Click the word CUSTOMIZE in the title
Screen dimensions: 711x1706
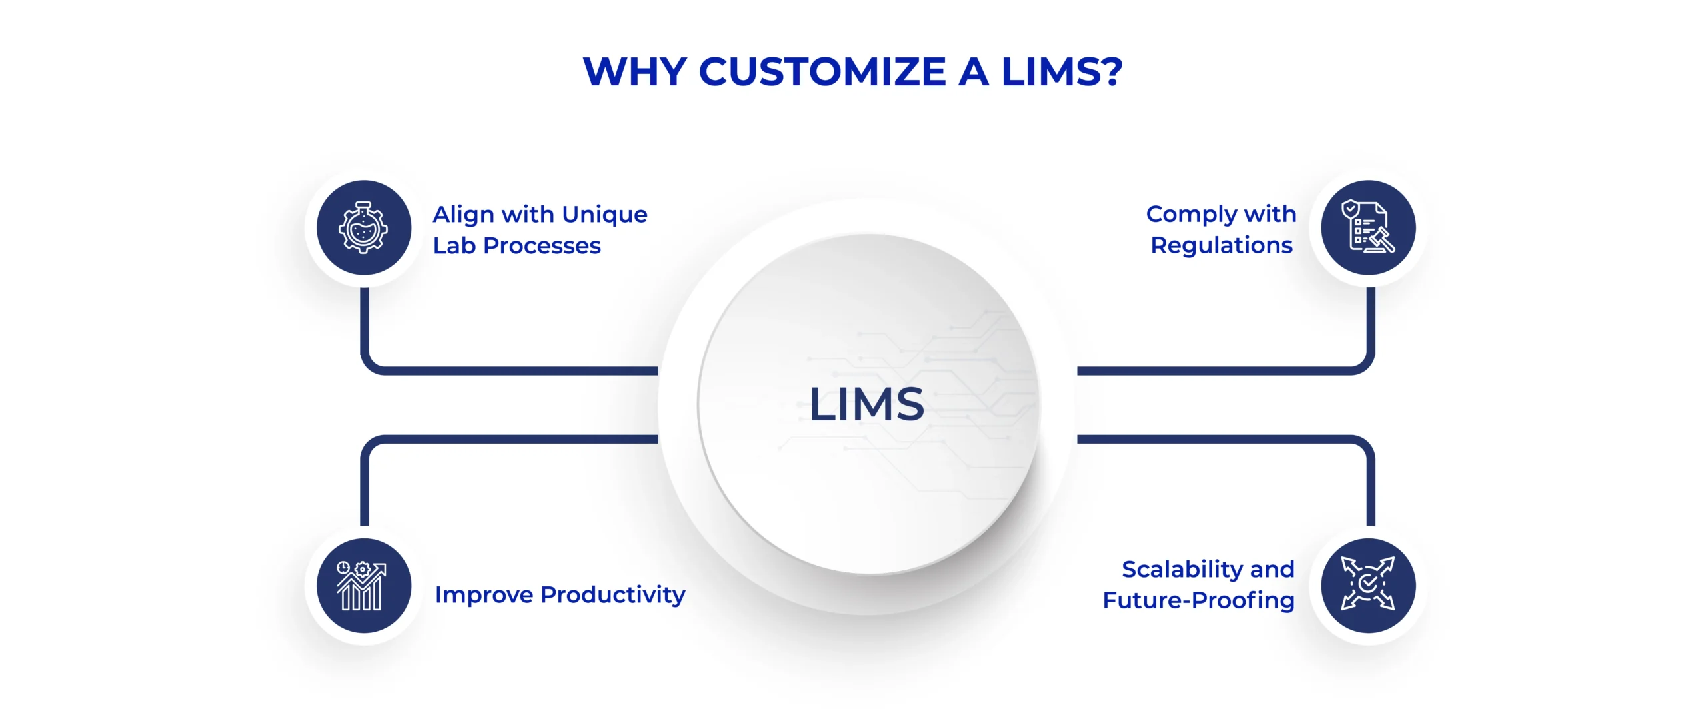tap(822, 72)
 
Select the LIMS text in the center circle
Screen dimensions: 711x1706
tap(866, 404)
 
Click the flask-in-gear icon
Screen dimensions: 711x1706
tap(363, 227)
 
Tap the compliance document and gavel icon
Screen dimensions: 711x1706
tap(1368, 227)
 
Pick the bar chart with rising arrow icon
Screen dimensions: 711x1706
tap(363, 586)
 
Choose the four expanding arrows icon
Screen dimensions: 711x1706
tap(1368, 586)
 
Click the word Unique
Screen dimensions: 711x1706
tap(604, 215)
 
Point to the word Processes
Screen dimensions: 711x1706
tap(542, 246)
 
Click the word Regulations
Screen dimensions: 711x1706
tap(1222, 245)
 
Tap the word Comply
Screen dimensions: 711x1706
tap(1191, 215)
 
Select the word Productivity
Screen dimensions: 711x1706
tap(612, 594)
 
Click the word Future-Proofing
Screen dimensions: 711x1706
tap(1198, 600)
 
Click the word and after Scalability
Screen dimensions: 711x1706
tap(1272, 570)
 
